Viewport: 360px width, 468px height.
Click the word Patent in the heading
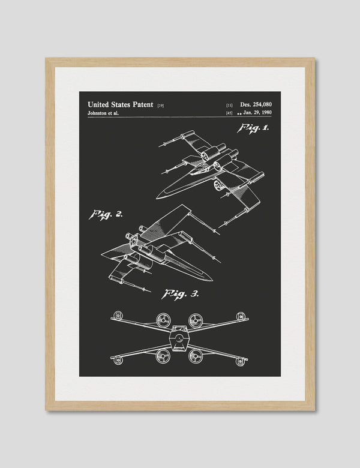143,104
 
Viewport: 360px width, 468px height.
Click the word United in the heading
98,104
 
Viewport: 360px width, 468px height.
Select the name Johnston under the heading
98,113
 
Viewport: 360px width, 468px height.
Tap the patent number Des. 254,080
256,104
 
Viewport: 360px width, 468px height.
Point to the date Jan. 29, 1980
257,113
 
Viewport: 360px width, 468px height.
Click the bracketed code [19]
160,106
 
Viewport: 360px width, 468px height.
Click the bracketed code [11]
229,105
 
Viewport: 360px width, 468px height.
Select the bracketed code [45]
229,113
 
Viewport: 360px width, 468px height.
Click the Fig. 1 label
253,128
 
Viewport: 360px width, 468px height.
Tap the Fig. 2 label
106,214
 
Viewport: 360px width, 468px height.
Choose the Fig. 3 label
180,294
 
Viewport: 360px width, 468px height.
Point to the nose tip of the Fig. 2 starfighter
212,280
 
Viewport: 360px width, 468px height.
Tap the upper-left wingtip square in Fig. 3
118,316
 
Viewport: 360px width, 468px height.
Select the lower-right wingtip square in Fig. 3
240,361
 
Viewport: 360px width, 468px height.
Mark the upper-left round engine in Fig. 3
163,320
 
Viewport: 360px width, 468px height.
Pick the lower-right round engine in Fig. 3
195,356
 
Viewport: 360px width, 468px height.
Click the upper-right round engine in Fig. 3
195,320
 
